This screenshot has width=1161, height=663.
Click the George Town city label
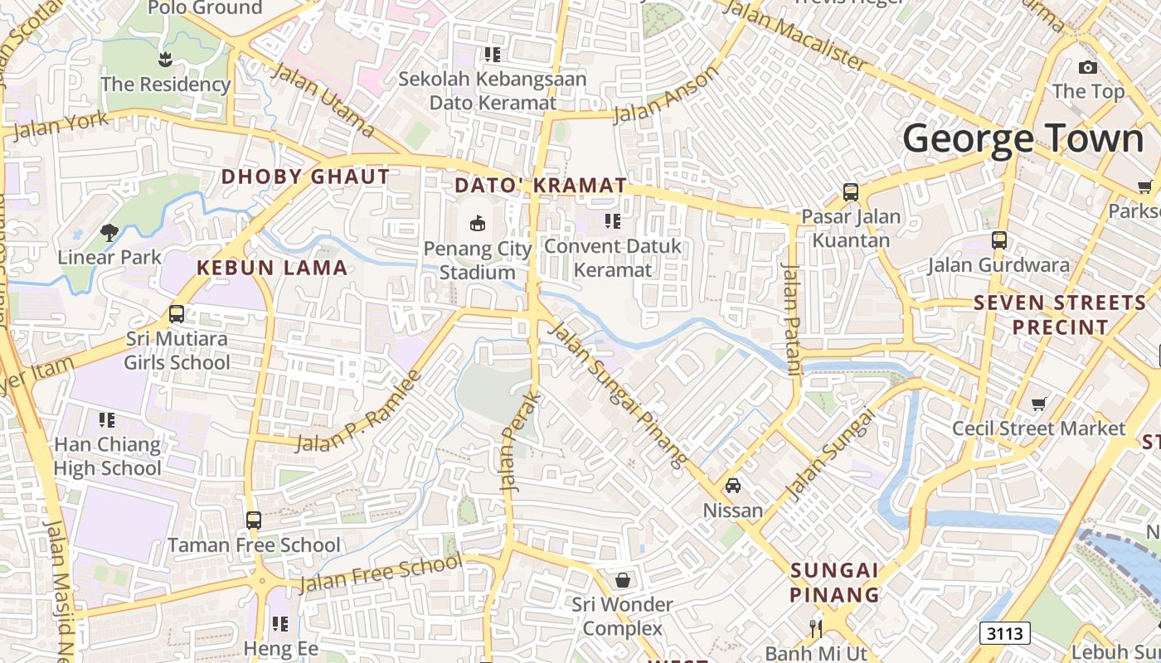1023,139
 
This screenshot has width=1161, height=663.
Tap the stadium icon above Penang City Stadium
478,223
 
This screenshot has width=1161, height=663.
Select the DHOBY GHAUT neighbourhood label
305,177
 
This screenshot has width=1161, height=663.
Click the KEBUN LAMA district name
272,268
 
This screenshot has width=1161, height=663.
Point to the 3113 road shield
1005,633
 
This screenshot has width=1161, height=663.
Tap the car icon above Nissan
733,485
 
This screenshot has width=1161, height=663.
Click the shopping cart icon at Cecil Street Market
1038,404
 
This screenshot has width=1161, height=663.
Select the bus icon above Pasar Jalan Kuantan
851,192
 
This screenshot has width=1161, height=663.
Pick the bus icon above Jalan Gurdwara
999,240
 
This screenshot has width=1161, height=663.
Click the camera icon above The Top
1088,67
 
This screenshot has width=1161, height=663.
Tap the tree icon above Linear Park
109,232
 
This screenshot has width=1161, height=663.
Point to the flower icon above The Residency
165,59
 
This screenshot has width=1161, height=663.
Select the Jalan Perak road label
519,442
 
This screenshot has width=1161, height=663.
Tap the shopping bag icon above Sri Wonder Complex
622,580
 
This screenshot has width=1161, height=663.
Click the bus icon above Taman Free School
254,520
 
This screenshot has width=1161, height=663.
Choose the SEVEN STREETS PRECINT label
1059,315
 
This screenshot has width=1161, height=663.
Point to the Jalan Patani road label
791,319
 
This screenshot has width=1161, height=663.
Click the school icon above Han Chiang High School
107,420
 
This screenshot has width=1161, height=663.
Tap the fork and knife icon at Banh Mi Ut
816,627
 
